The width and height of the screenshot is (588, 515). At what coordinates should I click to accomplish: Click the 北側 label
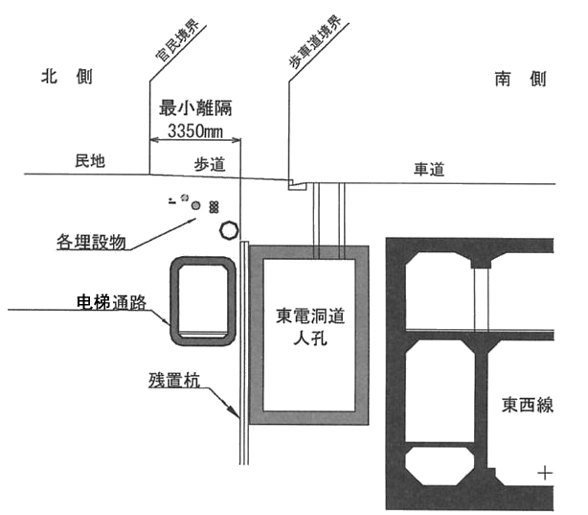click(x=67, y=77)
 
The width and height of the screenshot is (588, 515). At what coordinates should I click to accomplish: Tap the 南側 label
click(x=521, y=80)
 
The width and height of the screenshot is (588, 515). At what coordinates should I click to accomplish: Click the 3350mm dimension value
click(x=195, y=131)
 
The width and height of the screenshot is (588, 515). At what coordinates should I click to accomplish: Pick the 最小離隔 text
click(x=195, y=108)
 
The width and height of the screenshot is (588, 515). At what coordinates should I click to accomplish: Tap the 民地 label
click(x=90, y=161)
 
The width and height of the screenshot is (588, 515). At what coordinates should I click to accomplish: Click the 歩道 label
click(x=210, y=165)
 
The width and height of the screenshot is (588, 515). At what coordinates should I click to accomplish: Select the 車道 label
click(x=429, y=169)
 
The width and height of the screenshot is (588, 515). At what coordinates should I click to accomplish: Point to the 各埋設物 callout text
click(x=91, y=242)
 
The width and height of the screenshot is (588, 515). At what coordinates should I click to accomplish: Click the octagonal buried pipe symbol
click(x=229, y=230)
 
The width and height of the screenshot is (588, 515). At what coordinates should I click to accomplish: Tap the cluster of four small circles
click(x=214, y=207)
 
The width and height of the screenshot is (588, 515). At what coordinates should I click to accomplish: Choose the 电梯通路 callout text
click(x=111, y=302)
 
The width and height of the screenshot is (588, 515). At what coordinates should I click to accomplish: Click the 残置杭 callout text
click(x=174, y=380)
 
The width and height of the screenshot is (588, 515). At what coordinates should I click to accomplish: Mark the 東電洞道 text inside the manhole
click(x=310, y=316)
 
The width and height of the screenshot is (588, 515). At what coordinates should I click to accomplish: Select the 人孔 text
click(x=310, y=338)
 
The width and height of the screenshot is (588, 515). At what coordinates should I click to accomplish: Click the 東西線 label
click(x=528, y=405)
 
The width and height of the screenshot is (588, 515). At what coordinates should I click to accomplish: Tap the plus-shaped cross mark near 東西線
click(x=545, y=474)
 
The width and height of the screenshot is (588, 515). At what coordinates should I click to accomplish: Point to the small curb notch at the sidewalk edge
click(x=297, y=185)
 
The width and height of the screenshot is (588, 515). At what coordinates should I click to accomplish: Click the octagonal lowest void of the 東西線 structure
click(x=440, y=466)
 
